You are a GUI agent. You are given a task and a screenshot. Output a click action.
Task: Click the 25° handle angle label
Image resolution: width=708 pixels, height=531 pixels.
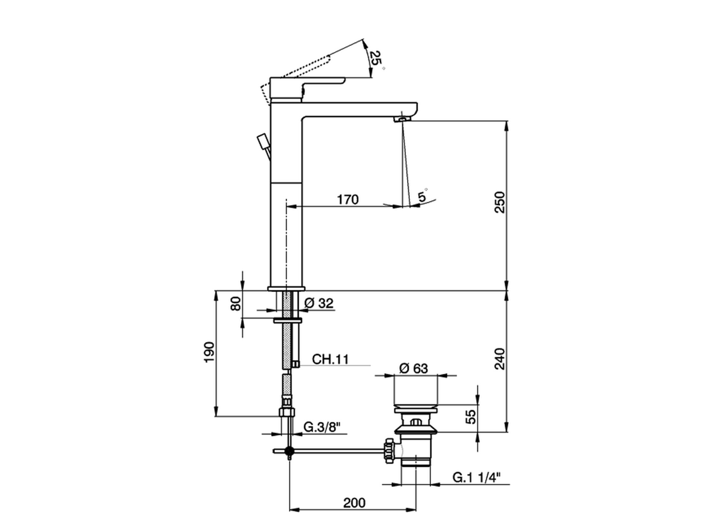[376, 58]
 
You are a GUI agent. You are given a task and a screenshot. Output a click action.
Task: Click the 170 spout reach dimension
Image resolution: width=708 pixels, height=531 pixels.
[348, 199]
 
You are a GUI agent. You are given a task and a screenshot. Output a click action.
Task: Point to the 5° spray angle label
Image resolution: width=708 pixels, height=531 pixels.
[423, 196]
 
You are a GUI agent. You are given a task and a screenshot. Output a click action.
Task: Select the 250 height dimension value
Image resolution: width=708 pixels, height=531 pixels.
[499, 203]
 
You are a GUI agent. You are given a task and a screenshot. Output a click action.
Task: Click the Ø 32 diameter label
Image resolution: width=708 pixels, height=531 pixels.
[319, 303]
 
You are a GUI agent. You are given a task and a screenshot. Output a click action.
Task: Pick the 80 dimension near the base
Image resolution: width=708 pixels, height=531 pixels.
[236, 304]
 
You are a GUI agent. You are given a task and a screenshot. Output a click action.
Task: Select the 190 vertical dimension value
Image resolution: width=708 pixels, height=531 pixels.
[209, 352]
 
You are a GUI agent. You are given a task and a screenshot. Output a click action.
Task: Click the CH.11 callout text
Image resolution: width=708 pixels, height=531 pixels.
[330, 359]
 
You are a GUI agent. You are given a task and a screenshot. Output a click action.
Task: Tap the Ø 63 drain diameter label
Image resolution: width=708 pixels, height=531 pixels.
[413, 368]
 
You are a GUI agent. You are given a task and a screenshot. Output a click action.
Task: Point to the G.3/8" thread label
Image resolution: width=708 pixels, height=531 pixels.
[322, 427]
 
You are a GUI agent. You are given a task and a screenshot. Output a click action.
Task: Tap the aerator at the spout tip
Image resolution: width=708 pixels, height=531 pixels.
[403, 118]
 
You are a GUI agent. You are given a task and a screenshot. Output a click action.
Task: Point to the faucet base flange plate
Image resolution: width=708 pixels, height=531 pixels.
[286, 288]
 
